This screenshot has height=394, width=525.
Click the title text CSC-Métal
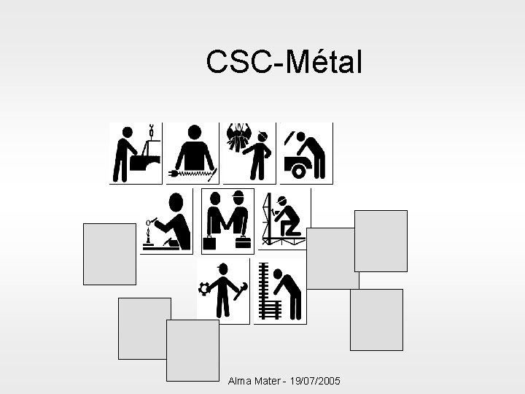pos(284,63)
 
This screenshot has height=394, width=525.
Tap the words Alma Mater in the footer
pos(252,382)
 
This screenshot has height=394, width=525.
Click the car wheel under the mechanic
pos(298,171)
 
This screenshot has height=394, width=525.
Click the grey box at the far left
pos(109,254)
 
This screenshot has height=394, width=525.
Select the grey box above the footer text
pos(192,350)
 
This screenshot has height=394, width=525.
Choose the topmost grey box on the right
pos(381,241)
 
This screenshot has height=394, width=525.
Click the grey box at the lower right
pos(376,320)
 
